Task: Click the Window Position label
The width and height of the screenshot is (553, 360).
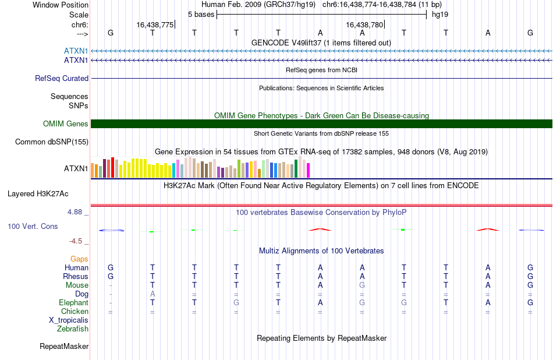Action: pyautogui.click(x=61, y=5)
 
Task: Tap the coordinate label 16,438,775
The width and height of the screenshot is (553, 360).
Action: pyautogui.click(x=155, y=24)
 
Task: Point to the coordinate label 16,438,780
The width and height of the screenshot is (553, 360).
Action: pyautogui.click(x=364, y=24)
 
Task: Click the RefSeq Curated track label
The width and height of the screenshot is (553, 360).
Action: pyautogui.click(x=62, y=79)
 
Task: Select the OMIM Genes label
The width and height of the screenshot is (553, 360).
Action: pyautogui.click(x=66, y=124)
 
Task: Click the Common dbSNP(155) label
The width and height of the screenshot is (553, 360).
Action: pyautogui.click(x=52, y=142)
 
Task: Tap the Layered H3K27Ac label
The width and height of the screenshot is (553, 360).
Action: pyautogui.click(x=38, y=194)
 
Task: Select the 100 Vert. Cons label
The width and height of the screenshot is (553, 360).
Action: pyautogui.click(x=33, y=227)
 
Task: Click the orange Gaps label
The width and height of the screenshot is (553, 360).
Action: pyautogui.click(x=79, y=259)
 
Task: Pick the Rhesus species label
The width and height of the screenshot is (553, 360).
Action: pyautogui.click(x=76, y=276)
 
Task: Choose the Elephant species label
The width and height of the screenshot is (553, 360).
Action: pyautogui.click(x=74, y=303)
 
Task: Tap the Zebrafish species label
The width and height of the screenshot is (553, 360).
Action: pyautogui.click(x=73, y=329)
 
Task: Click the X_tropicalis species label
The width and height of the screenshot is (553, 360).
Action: pyautogui.click(x=69, y=320)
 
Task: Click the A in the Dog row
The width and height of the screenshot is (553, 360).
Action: pyautogui.click(x=153, y=294)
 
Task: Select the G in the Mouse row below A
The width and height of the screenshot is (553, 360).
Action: pyautogui.click(x=362, y=285)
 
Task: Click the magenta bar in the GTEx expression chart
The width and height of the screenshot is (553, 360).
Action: pyautogui.click(x=309, y=170)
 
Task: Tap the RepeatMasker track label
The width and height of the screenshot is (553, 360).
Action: pyautogui.click(x=64, y=347)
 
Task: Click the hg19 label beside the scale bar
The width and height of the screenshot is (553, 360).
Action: pyautogui.click(x=440, y=15)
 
